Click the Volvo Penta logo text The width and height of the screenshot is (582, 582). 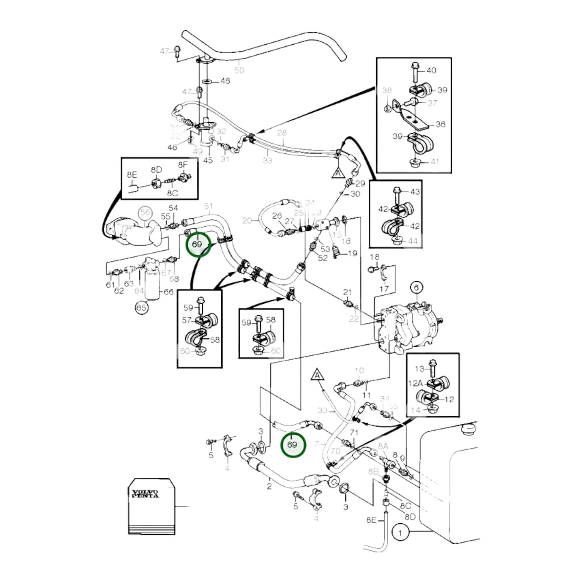click(x=145, y=493)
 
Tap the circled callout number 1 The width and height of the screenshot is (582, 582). click(x=400, y=533)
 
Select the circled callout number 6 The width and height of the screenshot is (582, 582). click(x=416, y=287)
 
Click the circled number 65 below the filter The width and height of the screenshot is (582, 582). click(x=141, y=308)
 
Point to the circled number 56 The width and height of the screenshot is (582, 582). click(x=145, y=212)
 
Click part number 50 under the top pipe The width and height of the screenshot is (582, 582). click(x=239, y=70)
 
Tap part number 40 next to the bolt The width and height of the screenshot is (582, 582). click(x=431, y=70)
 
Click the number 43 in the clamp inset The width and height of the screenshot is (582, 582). click(x=415, y=192)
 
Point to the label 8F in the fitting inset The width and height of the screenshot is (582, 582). click(x=183, y=165)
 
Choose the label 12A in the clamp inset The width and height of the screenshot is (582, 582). click(x=415, y=383)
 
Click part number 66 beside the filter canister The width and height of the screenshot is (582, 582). click(x=168, y=292)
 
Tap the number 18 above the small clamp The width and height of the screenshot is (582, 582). click(x=375, y=257)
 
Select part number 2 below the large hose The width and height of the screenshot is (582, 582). click(x=269, y=486)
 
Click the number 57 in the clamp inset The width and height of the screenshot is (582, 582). click(x=186, y=320)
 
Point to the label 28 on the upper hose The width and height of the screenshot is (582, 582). click(x=282, y=133)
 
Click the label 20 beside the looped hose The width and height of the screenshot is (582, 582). click(x=247, y=220)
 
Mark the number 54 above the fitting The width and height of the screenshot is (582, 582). click(x=173, y=208)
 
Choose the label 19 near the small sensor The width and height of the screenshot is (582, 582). click(x=353, y=253)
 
